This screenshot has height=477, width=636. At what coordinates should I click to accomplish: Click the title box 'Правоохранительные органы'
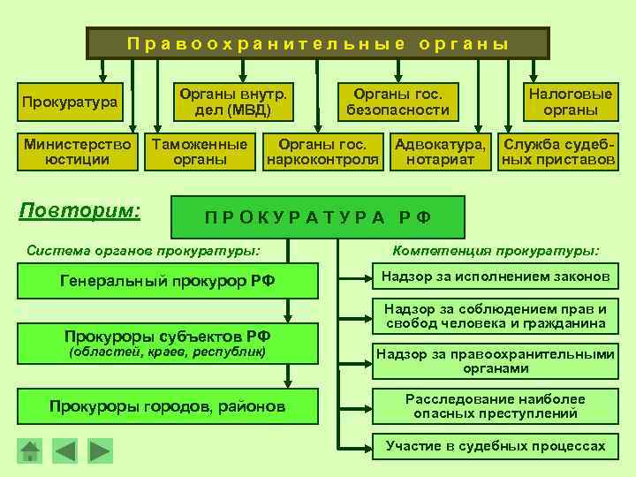tap(318, 42)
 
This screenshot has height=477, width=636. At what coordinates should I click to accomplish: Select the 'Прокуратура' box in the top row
tap(70, 102)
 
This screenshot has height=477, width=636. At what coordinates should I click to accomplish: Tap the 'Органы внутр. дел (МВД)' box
tap(234, 102)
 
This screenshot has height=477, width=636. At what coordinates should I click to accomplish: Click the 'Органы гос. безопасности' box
tap(397, 102)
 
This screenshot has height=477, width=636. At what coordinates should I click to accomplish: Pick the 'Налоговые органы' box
tap(571, 102)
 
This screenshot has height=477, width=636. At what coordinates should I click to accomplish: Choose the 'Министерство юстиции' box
tap(79, 152)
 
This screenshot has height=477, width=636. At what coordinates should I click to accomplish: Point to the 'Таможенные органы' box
tap(200, 152)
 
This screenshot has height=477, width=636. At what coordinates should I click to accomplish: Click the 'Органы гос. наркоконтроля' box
tap(323, 152)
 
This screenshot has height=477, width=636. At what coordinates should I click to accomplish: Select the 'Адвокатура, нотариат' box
tap(440, 152)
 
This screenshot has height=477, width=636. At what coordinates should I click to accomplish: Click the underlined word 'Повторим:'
tap(80, 212)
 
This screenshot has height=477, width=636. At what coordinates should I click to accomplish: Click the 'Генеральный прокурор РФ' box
tap(167, 282)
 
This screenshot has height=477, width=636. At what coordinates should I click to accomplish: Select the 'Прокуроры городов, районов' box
tap(167, 406)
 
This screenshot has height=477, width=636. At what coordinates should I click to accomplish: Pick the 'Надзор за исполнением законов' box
tap(495, 277)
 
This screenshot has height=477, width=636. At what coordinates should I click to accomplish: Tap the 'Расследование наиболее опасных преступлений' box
tap(495, 405)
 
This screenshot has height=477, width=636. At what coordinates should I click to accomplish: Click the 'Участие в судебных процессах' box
tap(495, 446)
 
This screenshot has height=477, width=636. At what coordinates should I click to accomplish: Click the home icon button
tap(31, 451)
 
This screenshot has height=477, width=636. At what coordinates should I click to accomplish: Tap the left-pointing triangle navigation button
tap(65, 451)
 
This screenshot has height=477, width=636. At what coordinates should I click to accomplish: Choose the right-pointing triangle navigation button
tap(101, 451)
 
